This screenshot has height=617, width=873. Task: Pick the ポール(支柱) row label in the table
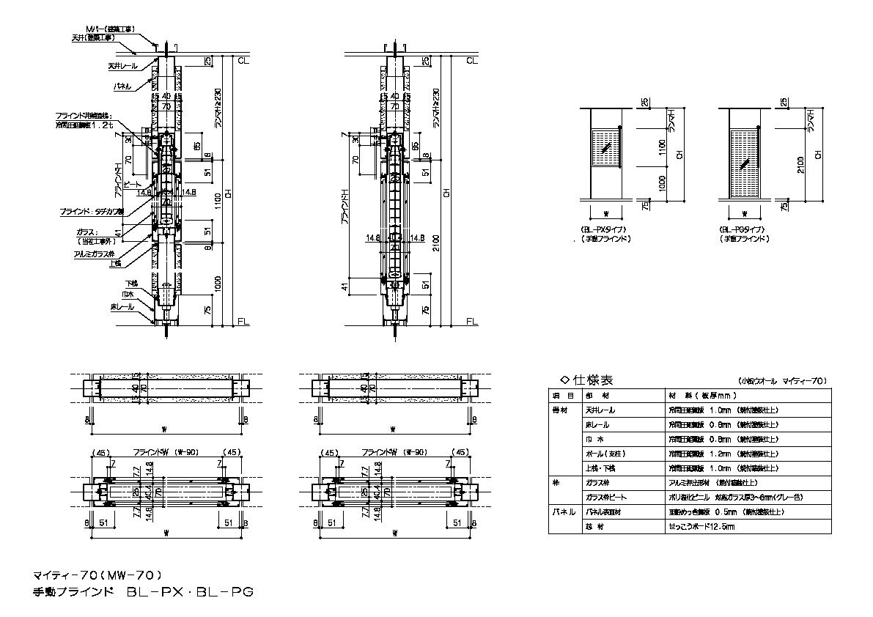(603, 454)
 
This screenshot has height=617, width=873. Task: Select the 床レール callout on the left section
(122, 306)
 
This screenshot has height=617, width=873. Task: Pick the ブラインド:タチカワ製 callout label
(92, 211)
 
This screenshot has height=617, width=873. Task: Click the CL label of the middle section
(471, 60)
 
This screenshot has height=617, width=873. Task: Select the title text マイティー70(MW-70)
(97, 574)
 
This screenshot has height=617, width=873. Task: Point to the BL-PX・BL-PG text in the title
(190, 591)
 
